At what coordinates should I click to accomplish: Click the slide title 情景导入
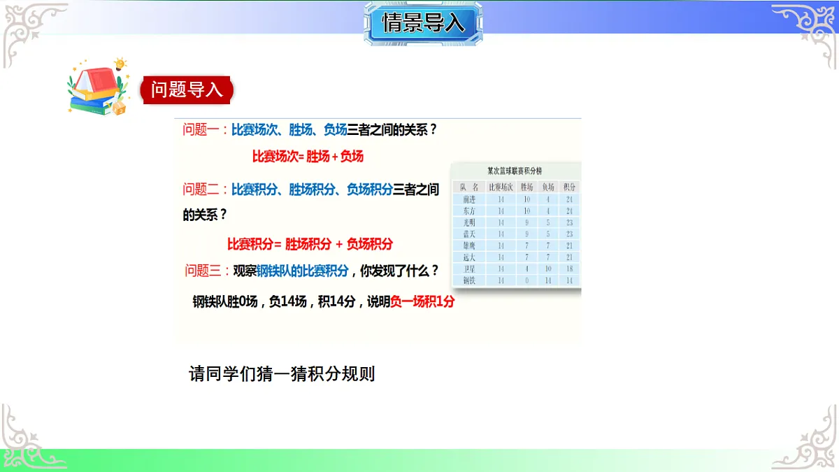[423, 23]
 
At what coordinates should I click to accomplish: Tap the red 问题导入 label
[187, 90]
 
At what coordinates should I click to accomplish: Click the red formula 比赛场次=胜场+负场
[308, 157]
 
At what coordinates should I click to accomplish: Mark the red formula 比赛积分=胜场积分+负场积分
[310, 244]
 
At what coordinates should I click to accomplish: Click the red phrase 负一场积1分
[422, 302]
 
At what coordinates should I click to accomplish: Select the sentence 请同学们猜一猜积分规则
[282, 373]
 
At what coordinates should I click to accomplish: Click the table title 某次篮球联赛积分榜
[515, 171]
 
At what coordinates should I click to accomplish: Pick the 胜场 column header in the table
[526, 187]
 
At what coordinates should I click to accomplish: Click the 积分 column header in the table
[569, 187]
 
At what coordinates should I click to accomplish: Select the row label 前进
[468, 199]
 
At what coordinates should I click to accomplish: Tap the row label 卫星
[468, 269]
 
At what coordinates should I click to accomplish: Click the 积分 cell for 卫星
[569, 269]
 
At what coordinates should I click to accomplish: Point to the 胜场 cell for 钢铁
[526, 280]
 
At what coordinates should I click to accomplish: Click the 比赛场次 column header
[500, 187]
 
